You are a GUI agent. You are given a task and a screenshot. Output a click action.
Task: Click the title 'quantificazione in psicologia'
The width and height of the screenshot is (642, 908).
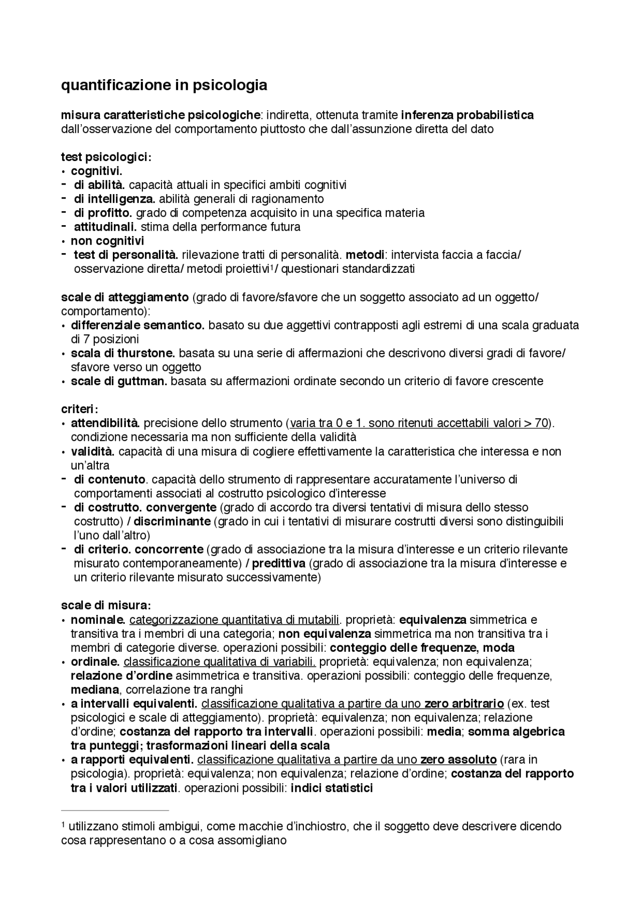pos(164,85)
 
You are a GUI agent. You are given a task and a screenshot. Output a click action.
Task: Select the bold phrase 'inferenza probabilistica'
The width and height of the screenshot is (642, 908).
pos(467,115)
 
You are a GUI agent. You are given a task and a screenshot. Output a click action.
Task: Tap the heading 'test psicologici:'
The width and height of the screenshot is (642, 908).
pos(106,157)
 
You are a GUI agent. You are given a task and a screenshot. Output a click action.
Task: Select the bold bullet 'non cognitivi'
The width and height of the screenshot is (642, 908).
pos(107,241)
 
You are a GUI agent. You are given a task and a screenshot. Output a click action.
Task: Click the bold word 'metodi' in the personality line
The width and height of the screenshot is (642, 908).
pos(365,255)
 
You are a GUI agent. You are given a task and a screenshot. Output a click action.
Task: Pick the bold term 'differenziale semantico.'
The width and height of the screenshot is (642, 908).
pos(137,325)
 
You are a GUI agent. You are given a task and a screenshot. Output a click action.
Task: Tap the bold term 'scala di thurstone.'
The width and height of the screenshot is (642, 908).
pos(123,353)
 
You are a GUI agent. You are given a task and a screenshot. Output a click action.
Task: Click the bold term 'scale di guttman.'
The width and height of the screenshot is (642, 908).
pos(119,382)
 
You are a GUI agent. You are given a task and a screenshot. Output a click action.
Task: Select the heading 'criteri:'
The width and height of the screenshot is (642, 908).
pos(79,409)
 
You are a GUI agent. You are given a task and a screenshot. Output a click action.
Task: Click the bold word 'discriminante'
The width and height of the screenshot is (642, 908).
pos(172,521)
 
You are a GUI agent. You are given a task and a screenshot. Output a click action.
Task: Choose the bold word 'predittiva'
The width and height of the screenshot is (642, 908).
pos(278,564)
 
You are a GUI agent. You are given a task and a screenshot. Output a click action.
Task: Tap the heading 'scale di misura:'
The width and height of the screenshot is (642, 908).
pos(106,605)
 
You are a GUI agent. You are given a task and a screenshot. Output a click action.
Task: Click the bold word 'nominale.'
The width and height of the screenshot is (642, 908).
pos(98,620)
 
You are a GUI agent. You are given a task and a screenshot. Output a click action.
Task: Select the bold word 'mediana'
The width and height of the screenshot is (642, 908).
pos(95,690)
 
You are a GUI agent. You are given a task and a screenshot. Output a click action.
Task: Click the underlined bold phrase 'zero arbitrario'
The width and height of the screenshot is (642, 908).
pos(464,704)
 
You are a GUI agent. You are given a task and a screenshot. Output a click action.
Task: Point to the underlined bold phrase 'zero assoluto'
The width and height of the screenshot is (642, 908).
pos(458,760)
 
